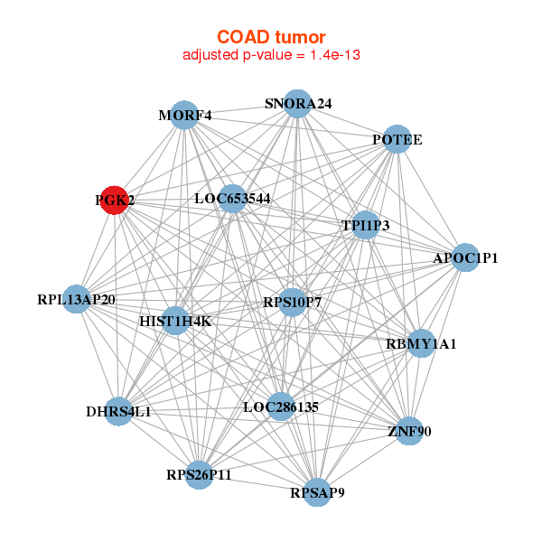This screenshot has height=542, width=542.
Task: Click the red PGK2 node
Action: click(114, 200)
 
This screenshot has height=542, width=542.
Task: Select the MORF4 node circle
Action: click(184, 116)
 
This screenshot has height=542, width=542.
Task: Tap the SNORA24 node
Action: click(297, 104)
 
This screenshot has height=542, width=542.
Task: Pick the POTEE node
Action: click(397, 140)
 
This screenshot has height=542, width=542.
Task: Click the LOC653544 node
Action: click(233, 199)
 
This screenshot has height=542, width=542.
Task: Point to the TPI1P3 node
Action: click(365, 225)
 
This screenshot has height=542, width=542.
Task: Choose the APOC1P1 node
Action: click(465, 257)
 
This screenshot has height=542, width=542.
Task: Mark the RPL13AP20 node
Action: click(77, 299)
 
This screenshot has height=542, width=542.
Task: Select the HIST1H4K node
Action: click(175, 321)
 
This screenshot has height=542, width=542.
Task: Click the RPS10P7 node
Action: click(292, 302)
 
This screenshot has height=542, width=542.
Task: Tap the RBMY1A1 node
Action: click(421, 343)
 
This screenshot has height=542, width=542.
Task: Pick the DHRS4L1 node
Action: click(118, 412)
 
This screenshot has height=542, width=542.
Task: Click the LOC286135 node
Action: click(281, 406)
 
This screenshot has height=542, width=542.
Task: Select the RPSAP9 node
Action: click(317, 492)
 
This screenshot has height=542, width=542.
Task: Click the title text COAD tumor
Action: click(271, 37)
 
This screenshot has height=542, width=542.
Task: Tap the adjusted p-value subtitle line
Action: click(271, 55)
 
